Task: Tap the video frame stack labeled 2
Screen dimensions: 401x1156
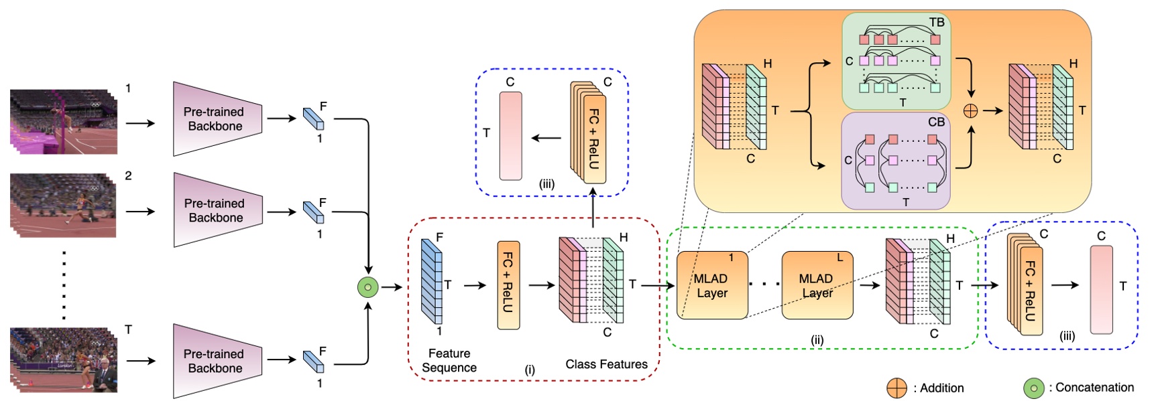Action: [64, 205]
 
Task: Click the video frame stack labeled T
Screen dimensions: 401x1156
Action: [64, 359]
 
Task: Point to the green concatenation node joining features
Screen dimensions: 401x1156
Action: [367, 287]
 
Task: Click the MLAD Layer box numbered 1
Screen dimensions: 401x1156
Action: [712, 286]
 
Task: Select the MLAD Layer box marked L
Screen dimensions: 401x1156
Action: [817, 286]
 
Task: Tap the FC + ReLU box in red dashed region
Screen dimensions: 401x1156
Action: [508, 285]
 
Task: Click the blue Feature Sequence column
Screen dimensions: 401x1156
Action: [431, 281]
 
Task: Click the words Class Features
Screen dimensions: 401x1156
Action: [606, 364]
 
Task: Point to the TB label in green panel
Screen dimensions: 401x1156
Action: [937, 23]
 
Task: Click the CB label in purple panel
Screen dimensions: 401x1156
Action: [936, 122]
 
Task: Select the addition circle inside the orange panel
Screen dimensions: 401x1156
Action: [970, 111]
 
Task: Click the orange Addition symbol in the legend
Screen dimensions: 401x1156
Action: [897, 388]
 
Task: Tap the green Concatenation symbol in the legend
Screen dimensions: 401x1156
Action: [1033, 388]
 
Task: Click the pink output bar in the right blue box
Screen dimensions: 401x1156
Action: [1101, 289]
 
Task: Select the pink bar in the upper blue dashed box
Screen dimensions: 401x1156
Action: [510, 136]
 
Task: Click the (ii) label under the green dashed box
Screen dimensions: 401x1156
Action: [817, 340]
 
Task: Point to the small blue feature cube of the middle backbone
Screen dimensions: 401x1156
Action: [313, 212]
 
